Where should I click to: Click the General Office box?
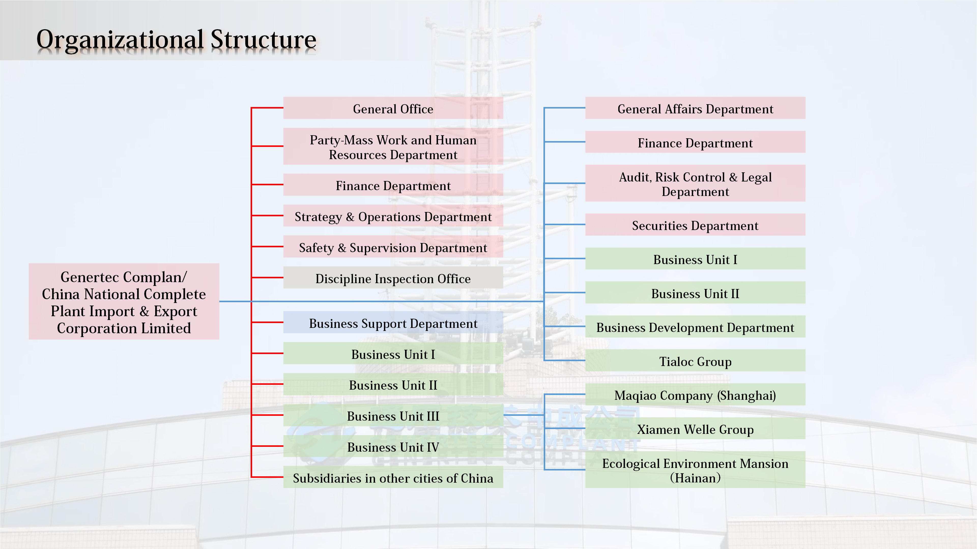tap(393, 109)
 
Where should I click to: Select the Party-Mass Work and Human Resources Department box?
tap(393, 147)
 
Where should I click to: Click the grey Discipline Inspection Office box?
tap(393, 279)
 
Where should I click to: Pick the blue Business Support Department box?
tap(393, 323)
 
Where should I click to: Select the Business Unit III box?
tap(393, 416)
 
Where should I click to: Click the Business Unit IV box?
tap(393, 447)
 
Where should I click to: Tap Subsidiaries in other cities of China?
tap(393, 478)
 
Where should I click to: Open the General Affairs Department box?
tap(695, 109)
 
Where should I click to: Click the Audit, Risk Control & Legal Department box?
tap(695, 184)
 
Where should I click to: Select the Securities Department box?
tap(695, 225)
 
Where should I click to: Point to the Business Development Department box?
tap(695, 327)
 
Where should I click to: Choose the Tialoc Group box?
tap(695, 361)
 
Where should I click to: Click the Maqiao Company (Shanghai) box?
tap(695, 395)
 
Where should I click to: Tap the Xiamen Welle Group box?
tap(695, 429)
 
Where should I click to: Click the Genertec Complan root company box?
tap(124, 302)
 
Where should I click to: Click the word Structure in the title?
tap(263, 39)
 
